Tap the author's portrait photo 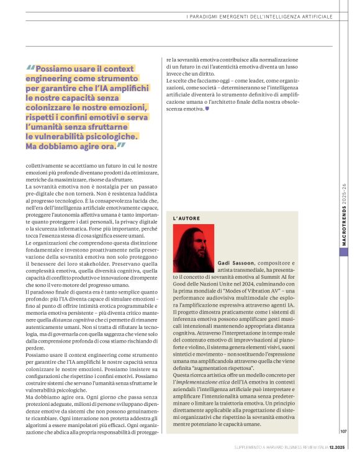point(194,248)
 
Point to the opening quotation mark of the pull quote point(31,69)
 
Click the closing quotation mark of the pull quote point(120,146)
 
